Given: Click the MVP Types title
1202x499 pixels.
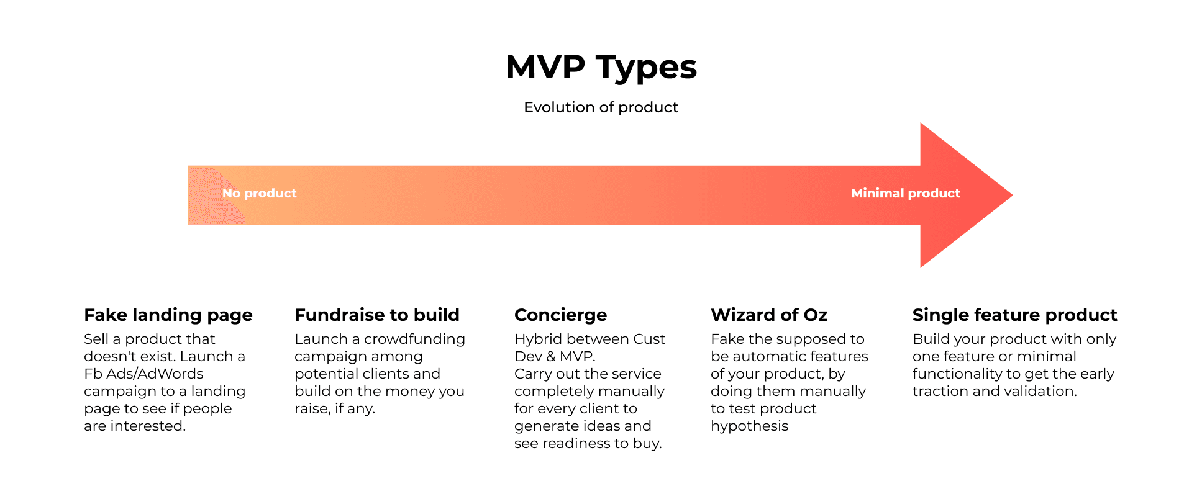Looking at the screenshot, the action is coord(601,67).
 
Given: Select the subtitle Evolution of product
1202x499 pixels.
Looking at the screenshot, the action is coord(601,107).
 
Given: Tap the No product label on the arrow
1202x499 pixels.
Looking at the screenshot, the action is coord(260,193).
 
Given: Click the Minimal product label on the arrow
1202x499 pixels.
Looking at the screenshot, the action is coord(906,193).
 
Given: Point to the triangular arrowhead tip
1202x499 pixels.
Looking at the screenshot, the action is coord(1013,195).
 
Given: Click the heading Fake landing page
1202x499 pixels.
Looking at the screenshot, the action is coord(168,315).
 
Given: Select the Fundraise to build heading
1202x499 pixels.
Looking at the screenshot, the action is coord(377,315).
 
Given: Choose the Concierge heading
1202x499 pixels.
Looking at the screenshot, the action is coord(561,315).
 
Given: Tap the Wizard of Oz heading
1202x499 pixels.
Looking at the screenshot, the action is coord(769,315).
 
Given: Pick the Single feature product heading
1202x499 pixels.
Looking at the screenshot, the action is coord(1015,315).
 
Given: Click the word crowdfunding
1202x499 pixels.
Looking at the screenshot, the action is coord(414,339).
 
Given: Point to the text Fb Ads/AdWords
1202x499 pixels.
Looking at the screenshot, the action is coord(144,374).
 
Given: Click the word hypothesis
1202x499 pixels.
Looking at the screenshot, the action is coord(750,426).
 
